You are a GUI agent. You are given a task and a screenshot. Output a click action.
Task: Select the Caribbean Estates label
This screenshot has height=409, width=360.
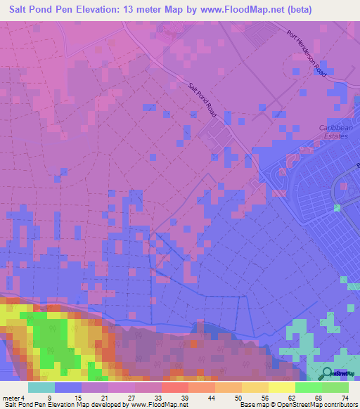pyautogui.click(x=333, y=131)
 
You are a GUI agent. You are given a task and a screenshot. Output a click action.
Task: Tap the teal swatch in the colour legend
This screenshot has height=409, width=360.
pyautogui.click(x=41, y=388)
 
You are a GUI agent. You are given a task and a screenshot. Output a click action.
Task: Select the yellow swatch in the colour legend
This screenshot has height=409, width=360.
pyautogui.click(x=255, y=388)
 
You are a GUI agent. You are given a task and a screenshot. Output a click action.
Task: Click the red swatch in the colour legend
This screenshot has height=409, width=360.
pyautogui.click(x=174, y=388)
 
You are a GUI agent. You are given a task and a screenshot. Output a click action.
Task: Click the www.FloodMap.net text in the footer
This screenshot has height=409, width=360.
pyautogui.click(x=155, y=404)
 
